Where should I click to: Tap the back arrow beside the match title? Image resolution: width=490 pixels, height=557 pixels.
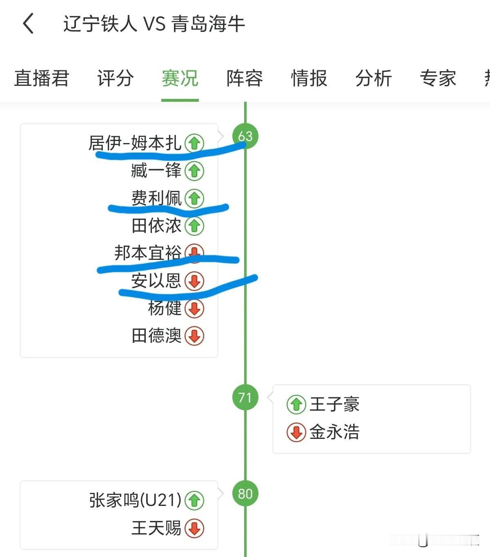[x=28, y=23]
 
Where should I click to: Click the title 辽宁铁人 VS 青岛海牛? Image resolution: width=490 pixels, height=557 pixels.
[x=154, y=24]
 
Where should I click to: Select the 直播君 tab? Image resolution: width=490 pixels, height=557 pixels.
[x=42, y=78]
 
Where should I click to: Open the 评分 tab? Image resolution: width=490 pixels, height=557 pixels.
[x=115, y=78]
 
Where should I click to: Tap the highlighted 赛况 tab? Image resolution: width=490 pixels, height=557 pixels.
[x=180, y=78]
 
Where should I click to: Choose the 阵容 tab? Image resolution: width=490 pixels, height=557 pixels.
[x=245, y=78]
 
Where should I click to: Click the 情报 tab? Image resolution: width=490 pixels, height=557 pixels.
[x=309, y=78]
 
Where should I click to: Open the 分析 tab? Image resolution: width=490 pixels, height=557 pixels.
[x=374, y=78]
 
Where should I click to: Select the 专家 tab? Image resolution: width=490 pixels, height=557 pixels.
[x=438, y=78]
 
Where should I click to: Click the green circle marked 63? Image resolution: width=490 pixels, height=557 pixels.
[x=245, y=136]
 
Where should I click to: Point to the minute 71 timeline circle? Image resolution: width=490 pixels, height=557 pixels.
[x=245, y=397]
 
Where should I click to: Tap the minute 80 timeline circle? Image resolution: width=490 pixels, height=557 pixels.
[x=245, y=494]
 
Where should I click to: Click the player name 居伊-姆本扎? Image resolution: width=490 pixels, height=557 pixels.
[x=135, y=143]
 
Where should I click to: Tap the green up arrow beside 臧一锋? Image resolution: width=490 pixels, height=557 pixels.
[x=194, y=171]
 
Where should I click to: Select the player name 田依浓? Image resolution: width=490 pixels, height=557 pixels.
[x=156, y=226]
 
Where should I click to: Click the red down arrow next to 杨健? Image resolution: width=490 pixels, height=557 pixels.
[x=194, y=309]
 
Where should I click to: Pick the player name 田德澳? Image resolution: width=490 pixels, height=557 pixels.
[x=156, y=336]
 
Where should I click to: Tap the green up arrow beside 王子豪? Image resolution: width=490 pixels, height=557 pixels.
[x=296, y=405]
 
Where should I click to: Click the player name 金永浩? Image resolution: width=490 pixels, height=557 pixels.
[x=334, y=432]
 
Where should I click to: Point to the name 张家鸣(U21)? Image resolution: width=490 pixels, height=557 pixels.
[x=135, y=500]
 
